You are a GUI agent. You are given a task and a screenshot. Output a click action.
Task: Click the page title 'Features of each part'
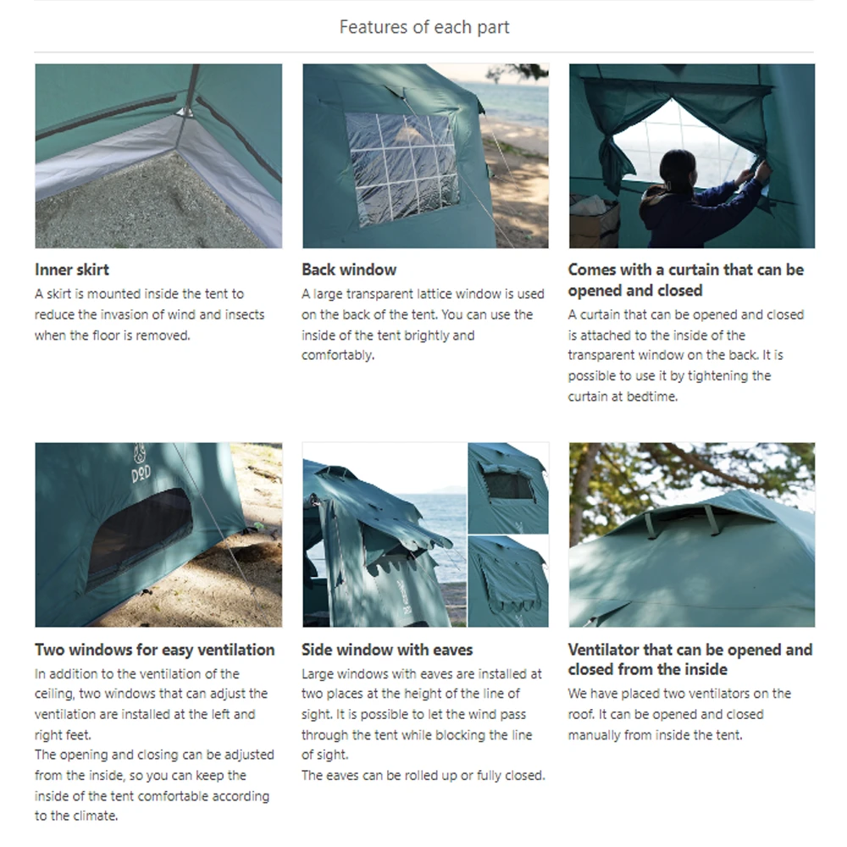point(423,27)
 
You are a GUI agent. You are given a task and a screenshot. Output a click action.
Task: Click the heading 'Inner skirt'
point(72,270)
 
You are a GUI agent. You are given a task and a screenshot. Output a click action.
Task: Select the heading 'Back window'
point(349,270)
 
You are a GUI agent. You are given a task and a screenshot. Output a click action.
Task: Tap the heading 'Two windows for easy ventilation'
point(155,650)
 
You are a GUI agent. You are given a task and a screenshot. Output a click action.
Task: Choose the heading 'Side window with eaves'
point(387,650)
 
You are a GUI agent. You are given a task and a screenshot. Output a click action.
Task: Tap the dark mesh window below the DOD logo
point(140,534)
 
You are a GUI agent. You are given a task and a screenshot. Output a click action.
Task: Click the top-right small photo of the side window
point(508,487)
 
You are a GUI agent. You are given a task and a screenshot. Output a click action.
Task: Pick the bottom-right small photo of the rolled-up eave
point(508,581)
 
